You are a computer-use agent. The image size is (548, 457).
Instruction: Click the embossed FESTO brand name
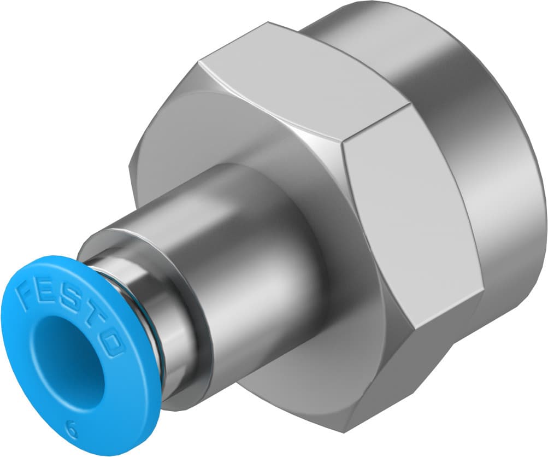[x=70, y=314]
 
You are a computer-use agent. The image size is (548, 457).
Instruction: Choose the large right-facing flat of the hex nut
[x=404, y=219]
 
